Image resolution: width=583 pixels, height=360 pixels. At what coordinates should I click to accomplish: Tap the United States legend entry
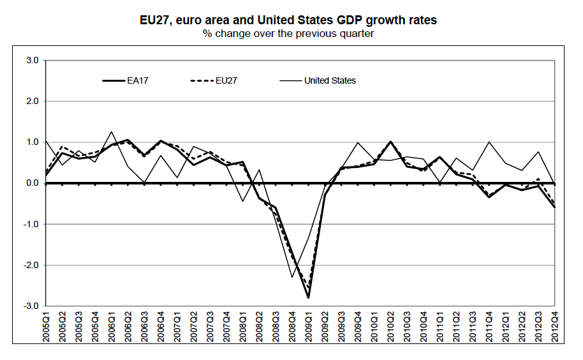coord(329,80)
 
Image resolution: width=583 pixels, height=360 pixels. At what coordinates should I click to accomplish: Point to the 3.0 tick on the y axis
coord(32,61)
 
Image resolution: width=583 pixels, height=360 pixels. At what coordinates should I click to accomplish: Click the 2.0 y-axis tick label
coord(32,101)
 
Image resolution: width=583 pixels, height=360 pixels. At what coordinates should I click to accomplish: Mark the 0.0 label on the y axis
coord(32,183)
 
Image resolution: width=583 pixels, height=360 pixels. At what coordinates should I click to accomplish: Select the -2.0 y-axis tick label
coord(31,265)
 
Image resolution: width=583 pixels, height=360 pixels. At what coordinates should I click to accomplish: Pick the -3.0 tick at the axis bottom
coord(31,306)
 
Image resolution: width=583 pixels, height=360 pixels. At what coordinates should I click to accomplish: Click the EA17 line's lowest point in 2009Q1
coord(309,297)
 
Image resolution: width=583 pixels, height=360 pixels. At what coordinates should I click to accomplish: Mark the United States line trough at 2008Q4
coord(292,277)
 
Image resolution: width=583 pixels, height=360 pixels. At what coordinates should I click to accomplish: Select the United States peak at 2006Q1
coord(112,131)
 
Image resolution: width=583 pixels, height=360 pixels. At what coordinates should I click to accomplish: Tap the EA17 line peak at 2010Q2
coord(390,142)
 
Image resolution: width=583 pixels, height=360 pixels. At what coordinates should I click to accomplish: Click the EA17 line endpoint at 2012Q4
coord(554,207)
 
